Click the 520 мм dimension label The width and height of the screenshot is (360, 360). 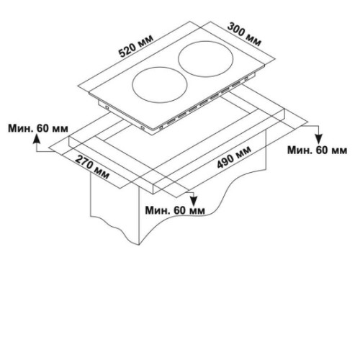[x=136, y=46]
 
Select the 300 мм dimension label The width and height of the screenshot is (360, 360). [x=243, y=35]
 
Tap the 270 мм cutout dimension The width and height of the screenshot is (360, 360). [x=91, y=167]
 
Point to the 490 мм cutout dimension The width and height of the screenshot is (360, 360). [x=234, y=157]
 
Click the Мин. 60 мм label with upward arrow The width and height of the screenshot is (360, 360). [x=38, y=129]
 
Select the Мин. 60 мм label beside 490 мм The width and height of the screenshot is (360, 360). [x=317, y=150]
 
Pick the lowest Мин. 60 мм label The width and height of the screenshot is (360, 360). [x=175, y=210]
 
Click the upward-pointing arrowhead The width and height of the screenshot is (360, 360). [x=37, y=138]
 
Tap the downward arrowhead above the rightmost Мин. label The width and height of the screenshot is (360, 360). [x=318, y=139]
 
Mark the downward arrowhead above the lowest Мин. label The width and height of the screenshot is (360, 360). [x=194, y=200]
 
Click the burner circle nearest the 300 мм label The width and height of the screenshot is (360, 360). [x=206, y=59]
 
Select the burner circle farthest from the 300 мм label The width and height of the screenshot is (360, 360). [x=160, y=84]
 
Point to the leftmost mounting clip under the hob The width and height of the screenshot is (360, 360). [x=107, y=108]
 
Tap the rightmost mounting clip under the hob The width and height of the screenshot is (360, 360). [x=246, y=79]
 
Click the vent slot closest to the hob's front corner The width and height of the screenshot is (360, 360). [x=171, y=122]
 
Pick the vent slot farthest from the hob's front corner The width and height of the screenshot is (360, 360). [x=235, y=84]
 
